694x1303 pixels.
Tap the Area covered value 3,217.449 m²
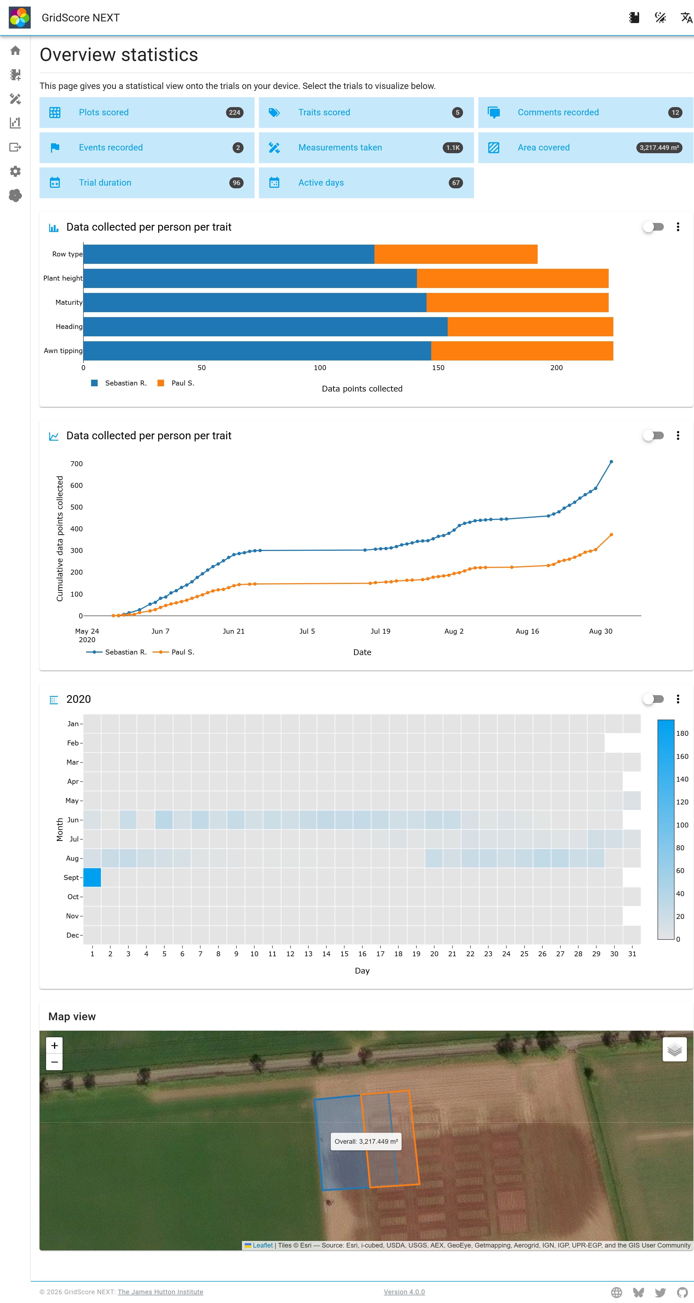tap(659, 148)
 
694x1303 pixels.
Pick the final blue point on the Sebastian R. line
tap(611, 462)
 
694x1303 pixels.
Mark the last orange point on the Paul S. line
tap(611, 535)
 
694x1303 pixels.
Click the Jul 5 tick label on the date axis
tap(307, 631)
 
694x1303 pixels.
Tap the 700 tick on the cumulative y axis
tap(76, 464)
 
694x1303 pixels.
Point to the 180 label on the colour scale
tap(682, 733)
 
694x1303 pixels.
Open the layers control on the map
tap(674, 1050)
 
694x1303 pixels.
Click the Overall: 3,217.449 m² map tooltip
tap(366, 1142)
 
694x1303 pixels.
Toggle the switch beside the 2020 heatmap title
tap(653, 699)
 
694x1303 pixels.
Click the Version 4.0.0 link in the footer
tap(404, 1292)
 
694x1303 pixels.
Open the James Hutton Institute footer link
tap(160, 1292)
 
